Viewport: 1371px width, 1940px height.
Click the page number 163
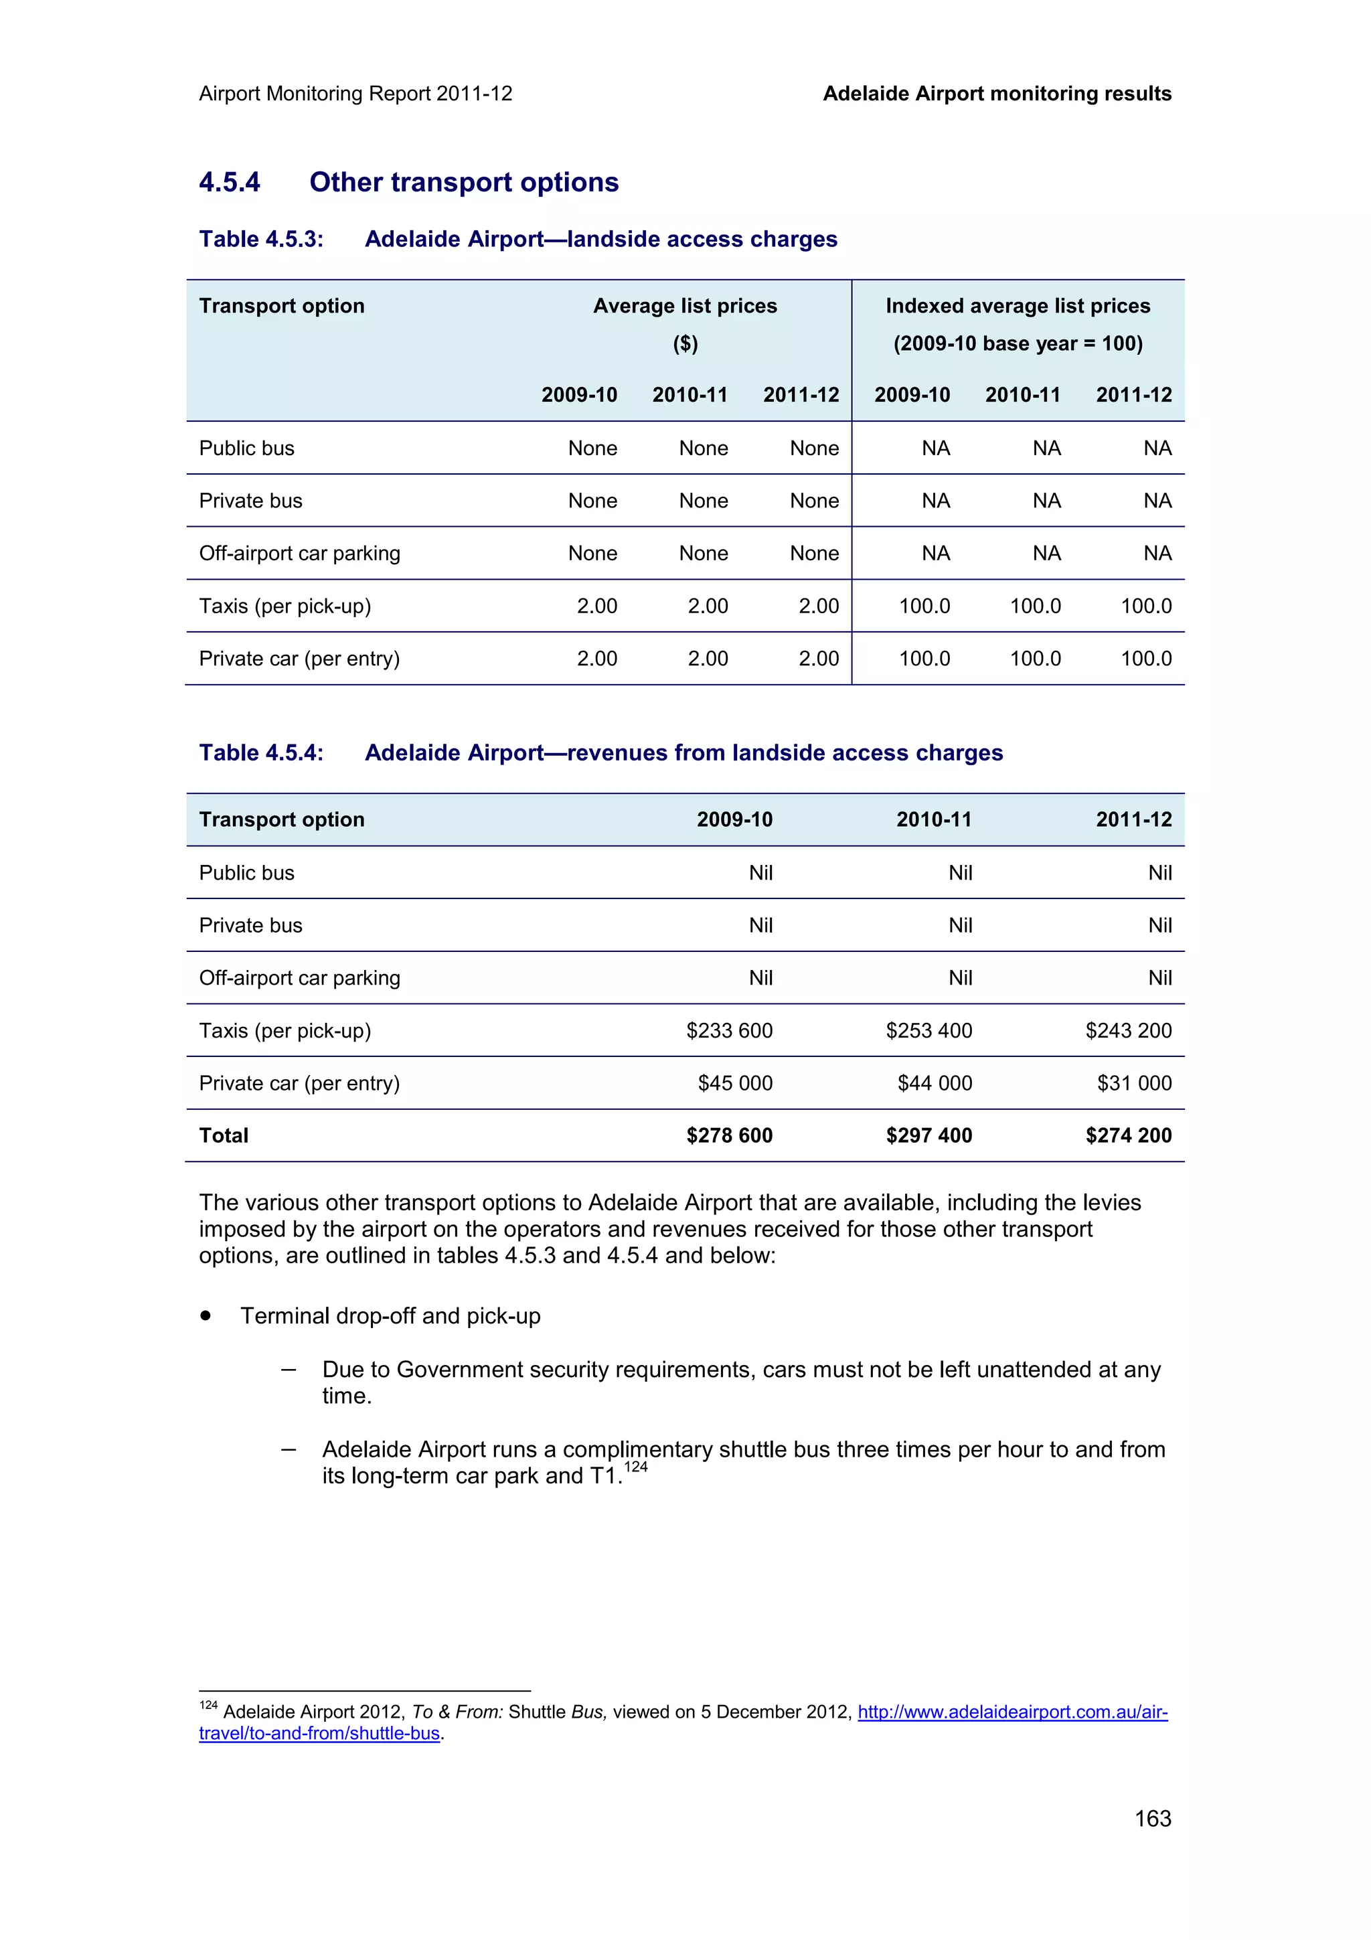[1152, 1818]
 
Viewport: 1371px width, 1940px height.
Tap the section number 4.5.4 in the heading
[230, 183]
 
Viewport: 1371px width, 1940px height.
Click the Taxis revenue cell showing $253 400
[929, 1031]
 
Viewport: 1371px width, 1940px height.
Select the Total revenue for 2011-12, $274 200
[1128, 1135]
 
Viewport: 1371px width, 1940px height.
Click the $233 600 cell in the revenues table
[729, 1031]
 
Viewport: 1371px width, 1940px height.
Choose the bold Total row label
[224, 1135]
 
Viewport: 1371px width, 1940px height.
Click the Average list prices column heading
[684, 306]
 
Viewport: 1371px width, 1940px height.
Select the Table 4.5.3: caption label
[261, 239]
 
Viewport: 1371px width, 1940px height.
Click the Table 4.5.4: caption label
[261, 753]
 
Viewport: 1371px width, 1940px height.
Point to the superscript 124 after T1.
[635, 1467]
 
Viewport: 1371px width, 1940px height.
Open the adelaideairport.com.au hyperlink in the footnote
[1012, 1712]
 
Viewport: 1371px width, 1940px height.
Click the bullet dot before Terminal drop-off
[206, 1315]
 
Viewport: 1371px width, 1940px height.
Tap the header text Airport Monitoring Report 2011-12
[355, 94]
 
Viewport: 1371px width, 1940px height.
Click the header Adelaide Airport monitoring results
[997, 94]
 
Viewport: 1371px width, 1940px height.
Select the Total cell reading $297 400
[929, 1135]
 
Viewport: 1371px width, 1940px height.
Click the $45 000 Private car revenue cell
[735, 1083]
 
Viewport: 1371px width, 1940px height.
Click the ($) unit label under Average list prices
[685, 344]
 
